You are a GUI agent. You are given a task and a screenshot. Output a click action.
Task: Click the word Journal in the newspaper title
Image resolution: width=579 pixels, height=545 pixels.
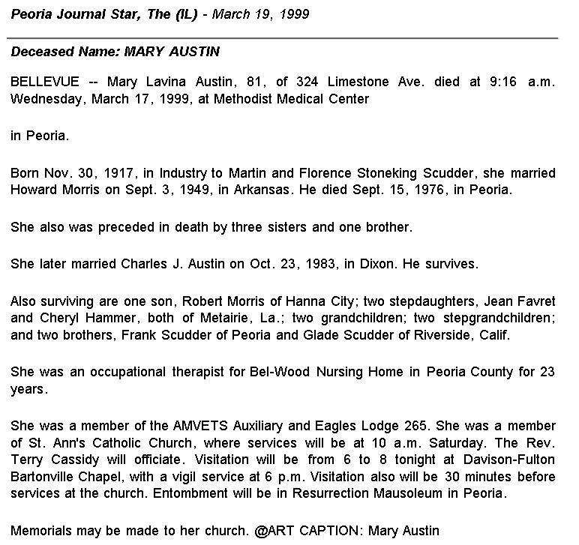(x=77, y=15)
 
